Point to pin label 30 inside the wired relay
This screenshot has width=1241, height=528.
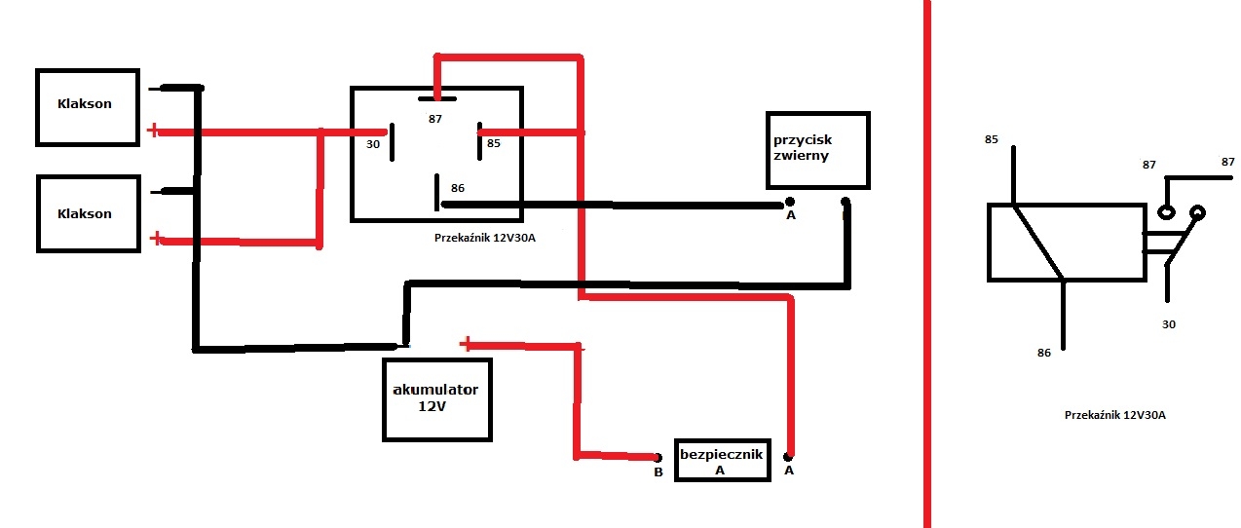373,144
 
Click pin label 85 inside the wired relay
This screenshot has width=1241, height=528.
494,143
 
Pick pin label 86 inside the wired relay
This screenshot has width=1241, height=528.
458,188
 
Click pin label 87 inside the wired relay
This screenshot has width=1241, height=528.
434,119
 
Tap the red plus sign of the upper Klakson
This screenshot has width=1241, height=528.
153,131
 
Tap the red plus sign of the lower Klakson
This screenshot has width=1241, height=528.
156,239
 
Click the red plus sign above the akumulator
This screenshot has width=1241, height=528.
466,344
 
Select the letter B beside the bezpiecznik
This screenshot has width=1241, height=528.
658,472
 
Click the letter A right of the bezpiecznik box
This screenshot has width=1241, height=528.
789,471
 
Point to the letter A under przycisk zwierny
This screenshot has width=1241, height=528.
791,215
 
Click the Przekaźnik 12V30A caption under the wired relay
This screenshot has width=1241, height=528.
485,238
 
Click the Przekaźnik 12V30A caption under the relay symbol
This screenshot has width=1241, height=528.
1114,415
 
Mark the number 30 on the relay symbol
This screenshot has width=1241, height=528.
1168,324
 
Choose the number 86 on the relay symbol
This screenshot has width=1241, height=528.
1044,353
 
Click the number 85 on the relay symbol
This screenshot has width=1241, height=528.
991,139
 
